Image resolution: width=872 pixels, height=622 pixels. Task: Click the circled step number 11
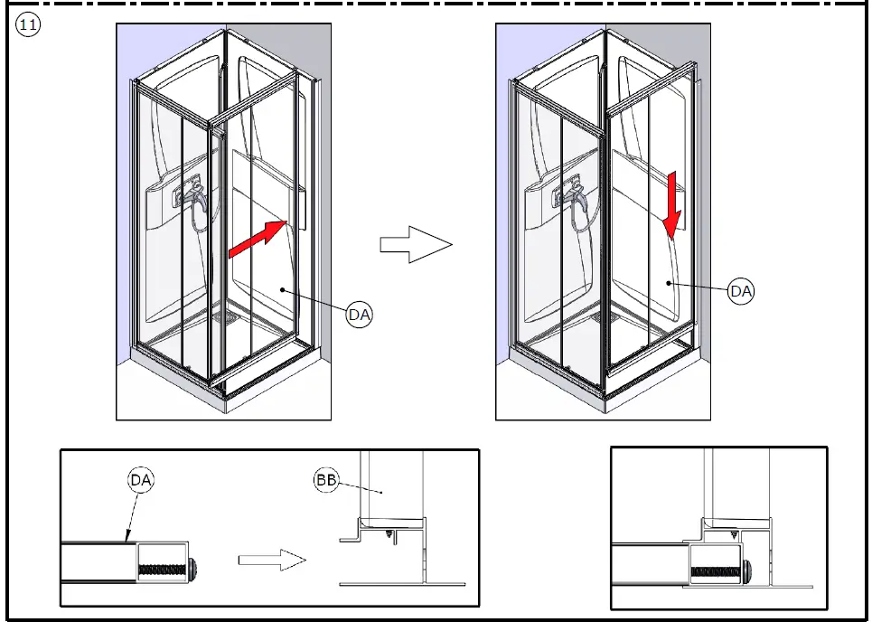[28, 25]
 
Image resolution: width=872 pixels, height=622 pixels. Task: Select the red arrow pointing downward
[672, 204]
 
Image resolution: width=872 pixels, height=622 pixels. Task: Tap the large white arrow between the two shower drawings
[416, 244]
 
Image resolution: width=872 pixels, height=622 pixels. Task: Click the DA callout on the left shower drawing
[360, 315]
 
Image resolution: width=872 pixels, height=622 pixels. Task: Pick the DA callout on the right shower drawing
[741, 291]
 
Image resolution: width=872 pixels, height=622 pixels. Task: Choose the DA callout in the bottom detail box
[141, 479]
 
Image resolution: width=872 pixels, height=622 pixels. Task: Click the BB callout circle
[326, 479]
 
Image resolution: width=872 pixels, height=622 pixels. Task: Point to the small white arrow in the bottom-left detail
[272, 560]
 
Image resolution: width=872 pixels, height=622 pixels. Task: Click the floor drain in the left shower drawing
[225, 316]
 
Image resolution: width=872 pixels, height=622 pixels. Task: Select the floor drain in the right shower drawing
[605, 317]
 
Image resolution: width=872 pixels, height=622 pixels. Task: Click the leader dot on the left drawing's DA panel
[283, 289]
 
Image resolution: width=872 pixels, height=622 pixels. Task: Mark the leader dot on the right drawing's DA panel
[669, 283]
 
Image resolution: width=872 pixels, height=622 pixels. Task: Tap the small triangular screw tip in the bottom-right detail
[734, 536]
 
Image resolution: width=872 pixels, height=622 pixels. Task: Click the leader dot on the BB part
[381, 492]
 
